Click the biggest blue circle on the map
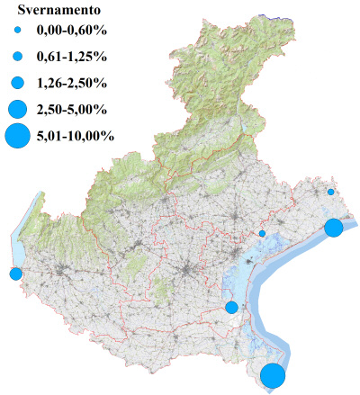coord(274,375)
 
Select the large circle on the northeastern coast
coord(333,227)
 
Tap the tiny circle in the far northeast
coord(331,192)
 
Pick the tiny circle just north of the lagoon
coord(262,233)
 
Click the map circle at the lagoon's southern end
coord(231,307)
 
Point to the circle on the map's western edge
coord(15,274)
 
